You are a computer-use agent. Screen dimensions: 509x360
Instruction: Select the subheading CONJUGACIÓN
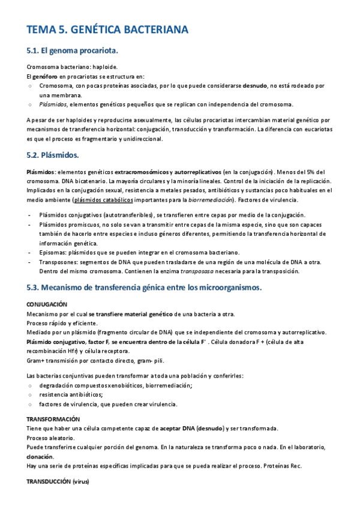47,305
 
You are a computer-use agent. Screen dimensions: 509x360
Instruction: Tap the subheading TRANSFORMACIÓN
53,419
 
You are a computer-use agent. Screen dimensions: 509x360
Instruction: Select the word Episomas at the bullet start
52,253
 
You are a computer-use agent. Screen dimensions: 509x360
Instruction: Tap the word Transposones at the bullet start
58,262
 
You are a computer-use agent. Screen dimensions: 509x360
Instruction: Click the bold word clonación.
39,457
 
